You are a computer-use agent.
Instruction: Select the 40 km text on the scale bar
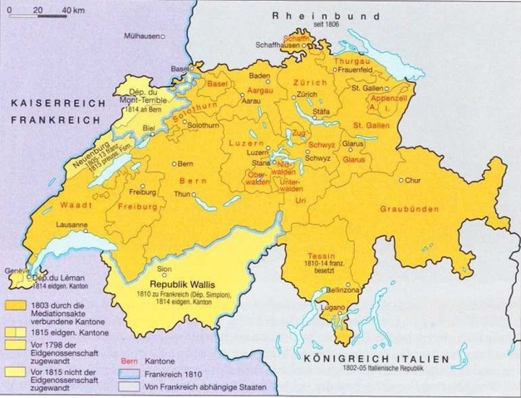coord(58,9)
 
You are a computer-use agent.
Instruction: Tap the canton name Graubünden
coord(408,209)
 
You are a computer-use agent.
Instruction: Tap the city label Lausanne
coord(71,226)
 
